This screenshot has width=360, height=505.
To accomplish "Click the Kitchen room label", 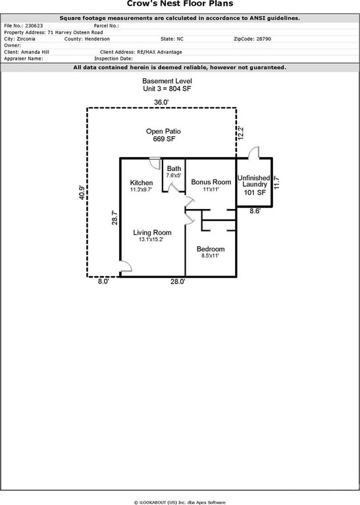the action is click(141, 183).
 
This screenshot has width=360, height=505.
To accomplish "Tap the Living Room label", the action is click(152, 233).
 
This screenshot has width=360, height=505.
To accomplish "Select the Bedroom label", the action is click(211, 249).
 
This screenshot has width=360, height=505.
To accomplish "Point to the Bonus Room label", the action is click(211, 182).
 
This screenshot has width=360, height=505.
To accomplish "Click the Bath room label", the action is click(174, 168).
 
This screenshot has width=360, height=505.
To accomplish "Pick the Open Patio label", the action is click(163, 132).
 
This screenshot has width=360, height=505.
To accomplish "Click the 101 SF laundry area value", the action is click(255, 193).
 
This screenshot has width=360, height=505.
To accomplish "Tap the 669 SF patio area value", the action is click(164, 139).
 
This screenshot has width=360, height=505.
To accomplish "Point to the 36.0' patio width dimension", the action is click(161, 103).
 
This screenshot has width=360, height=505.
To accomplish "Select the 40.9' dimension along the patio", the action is click(82, 192).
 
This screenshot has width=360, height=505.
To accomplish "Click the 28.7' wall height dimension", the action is click(115, 218).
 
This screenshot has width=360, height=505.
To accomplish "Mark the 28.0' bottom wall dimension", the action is click(178, 282).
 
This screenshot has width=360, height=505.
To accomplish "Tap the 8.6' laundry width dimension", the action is click(255, 211).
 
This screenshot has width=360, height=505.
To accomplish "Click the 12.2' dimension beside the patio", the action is click(241, 133).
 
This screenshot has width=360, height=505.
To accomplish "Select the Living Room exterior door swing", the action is click(126, 266).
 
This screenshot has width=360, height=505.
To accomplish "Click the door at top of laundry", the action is click(253, 153).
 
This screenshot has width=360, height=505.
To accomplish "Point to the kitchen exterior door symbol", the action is click(155, 163).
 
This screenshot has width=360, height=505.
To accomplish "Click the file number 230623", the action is click(34, 26).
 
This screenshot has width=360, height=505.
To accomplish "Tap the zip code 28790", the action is click(264, 39).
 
